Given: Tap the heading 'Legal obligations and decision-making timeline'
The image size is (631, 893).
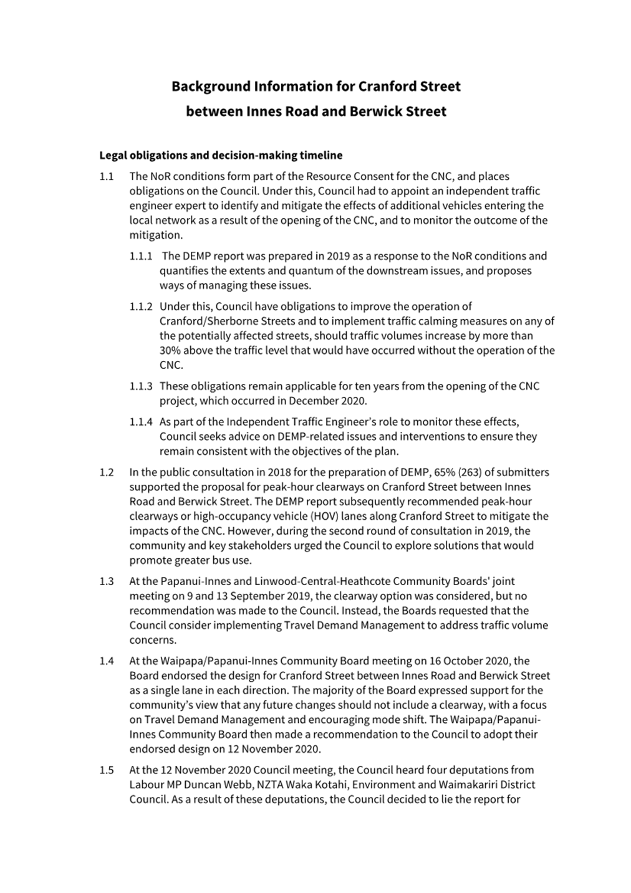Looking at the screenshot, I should (221, 155).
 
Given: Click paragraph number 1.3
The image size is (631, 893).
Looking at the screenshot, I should (107, 581).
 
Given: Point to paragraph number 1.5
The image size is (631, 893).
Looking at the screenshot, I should (107, 770).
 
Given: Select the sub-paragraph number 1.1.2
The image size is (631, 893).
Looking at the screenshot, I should (141, 307).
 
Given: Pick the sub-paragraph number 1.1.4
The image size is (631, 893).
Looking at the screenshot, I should (141, 422).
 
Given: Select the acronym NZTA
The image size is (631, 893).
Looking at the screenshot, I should (279, 785).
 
